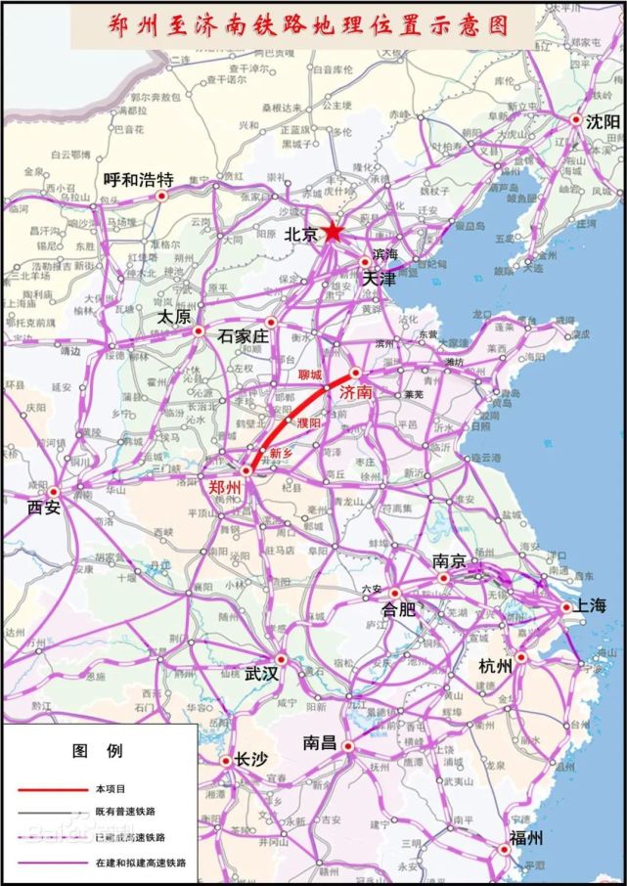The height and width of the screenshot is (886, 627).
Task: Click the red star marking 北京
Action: pos(334,232)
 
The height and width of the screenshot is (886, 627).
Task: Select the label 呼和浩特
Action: pos(138,180)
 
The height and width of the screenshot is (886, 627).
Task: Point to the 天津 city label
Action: pos(381,279)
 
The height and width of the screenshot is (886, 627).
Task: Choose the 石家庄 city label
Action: pos(243,336)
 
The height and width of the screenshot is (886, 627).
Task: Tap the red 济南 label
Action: pos(357,392)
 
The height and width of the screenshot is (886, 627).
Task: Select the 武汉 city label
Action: pos(263,674)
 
